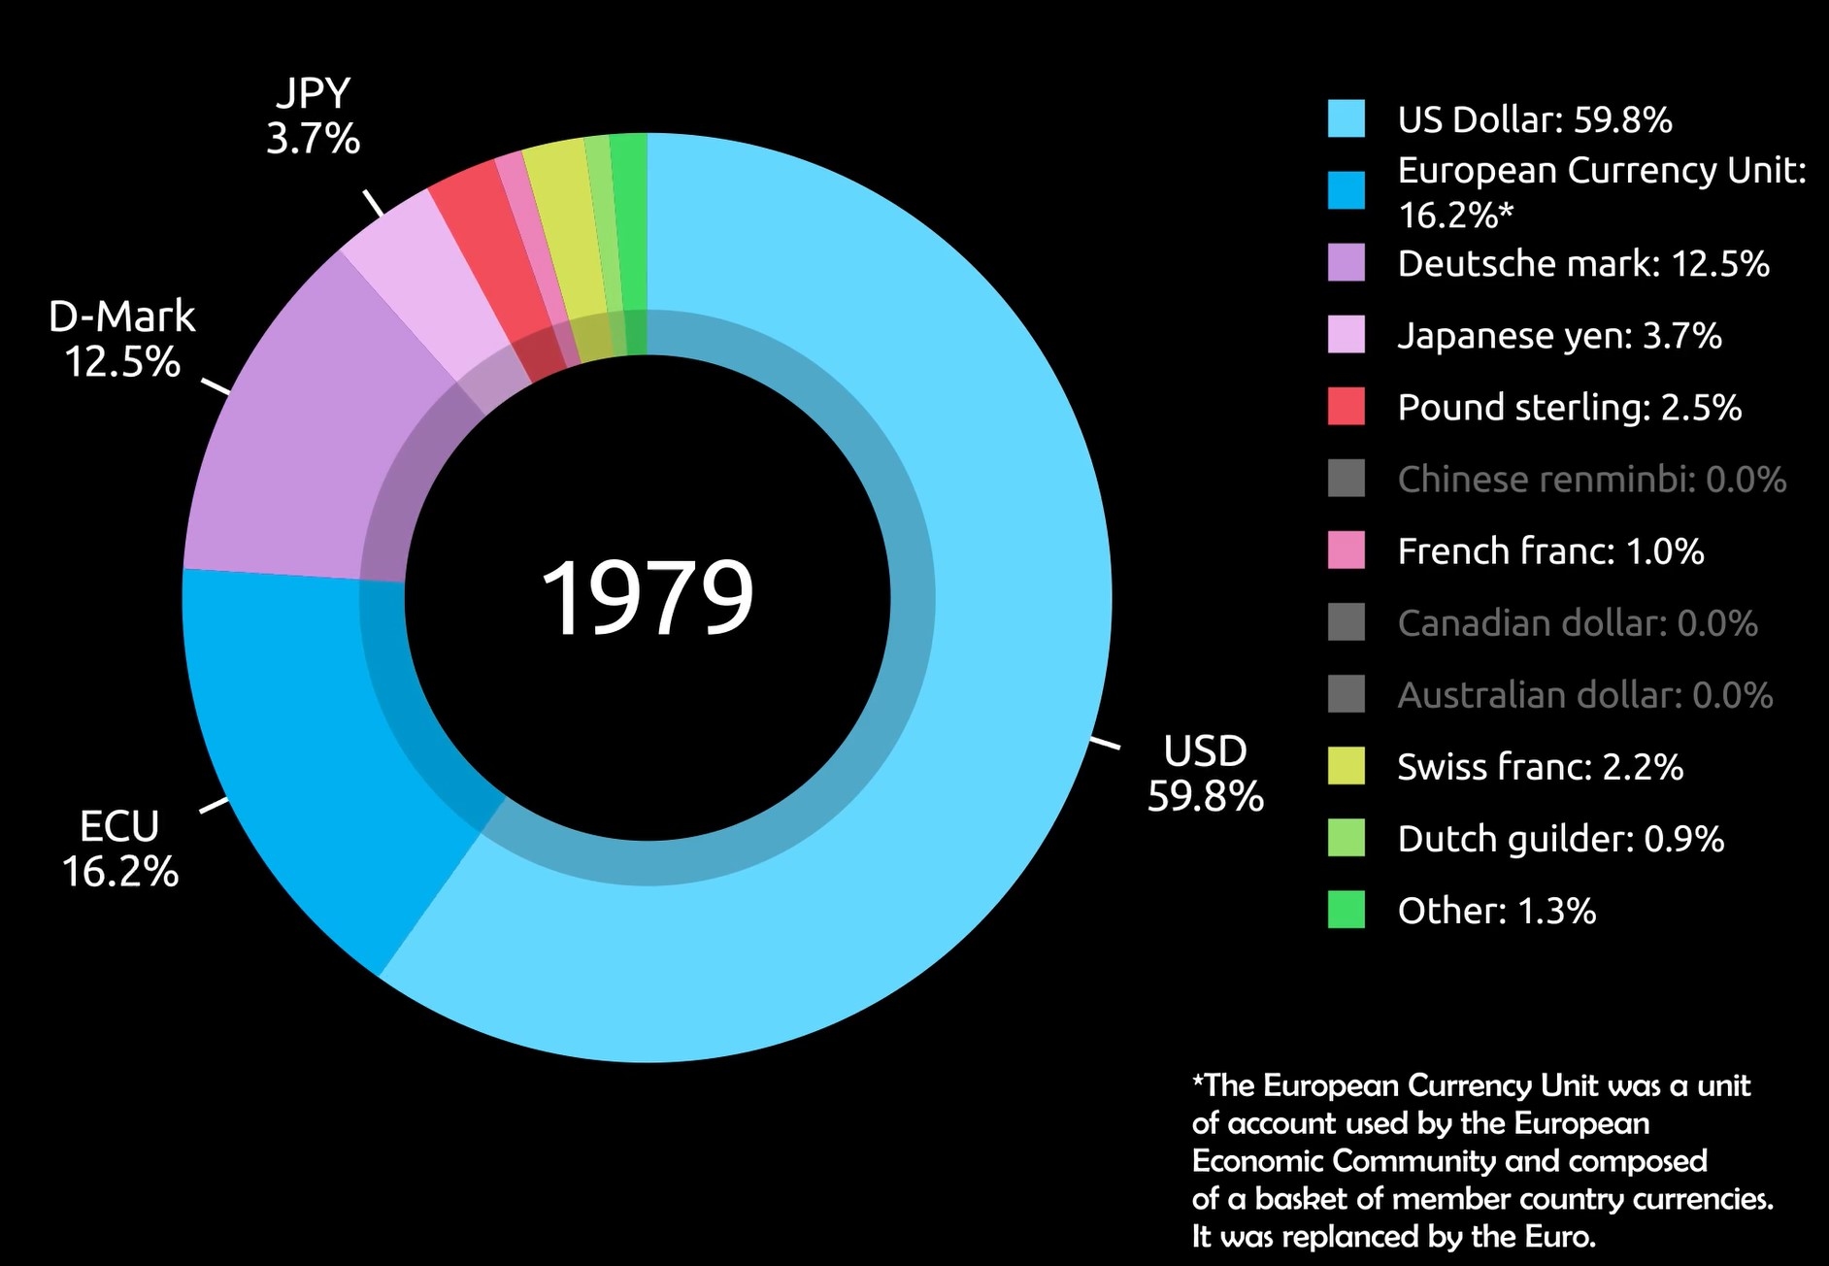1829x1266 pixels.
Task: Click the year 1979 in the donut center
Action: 647,597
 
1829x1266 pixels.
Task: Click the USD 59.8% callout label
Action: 1205,774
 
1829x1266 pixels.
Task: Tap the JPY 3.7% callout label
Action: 313,117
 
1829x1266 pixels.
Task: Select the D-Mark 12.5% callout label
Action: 122,339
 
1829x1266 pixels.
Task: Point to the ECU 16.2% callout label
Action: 119,849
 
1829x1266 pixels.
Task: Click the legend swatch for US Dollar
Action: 1346,118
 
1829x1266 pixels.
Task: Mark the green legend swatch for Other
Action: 1346,910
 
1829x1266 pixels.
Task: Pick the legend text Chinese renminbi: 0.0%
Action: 1591,479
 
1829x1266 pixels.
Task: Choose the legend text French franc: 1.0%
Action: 1550,550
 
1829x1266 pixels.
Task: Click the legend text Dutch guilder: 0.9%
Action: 1560,838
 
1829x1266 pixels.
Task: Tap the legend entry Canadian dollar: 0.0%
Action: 1578,622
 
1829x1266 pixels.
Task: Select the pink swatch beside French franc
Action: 1346,550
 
